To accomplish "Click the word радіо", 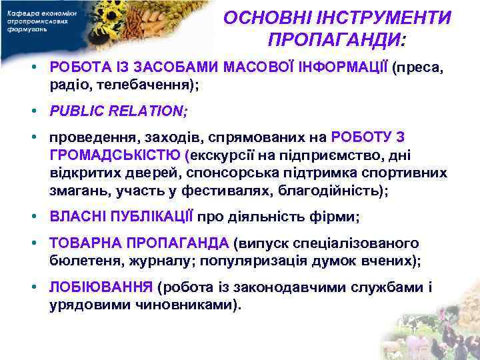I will (70, 85).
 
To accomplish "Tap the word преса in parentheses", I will (414, 69).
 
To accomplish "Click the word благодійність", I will (351, 190).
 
